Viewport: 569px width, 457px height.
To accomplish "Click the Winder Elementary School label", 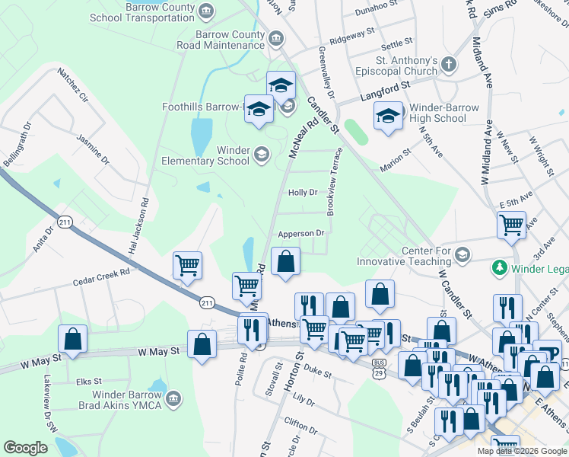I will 205,155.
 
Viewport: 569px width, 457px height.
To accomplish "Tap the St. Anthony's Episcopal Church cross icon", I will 449,65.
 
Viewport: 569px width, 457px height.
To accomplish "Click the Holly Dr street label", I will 303,193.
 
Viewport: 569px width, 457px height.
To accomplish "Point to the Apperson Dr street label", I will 302,234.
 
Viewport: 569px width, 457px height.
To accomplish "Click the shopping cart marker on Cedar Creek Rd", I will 187,266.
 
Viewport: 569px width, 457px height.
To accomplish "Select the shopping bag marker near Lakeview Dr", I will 72,340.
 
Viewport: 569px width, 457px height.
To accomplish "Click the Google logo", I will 26,448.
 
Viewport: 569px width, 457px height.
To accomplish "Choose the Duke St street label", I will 317,374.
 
